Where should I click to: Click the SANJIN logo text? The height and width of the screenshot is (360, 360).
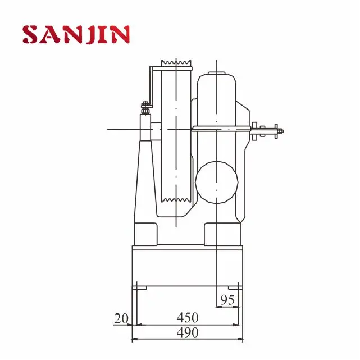pyautogui.click(x=76, y=35)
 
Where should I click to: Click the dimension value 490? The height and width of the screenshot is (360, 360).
pyautogui.click(x=187, y=332)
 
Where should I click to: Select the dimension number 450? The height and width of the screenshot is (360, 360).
pyautogui.click(x=187, y=318)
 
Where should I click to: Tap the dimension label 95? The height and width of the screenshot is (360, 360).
pyautogui.click(x=227, y=299)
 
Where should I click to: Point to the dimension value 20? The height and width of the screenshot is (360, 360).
pyautogui.click(x=121, y=318)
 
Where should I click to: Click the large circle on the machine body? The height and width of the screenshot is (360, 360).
pyautogui.click(x=217, y=181)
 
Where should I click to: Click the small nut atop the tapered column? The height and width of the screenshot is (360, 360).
pyautogui.click(x=145, y=104)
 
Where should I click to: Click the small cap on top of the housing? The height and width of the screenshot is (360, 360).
pyautogui.click(x=217, y=73)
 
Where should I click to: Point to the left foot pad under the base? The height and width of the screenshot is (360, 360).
pyautogui.click(x=140, y=288)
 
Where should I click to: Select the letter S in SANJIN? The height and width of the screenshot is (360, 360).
pyautogui.click(x=31, y=35)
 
